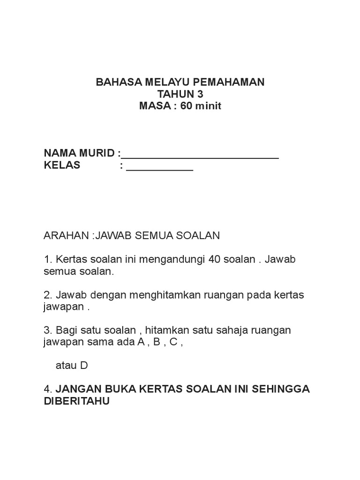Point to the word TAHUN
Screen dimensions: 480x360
point(173,94)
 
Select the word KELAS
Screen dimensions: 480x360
point(62,165)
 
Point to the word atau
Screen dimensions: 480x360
point(67,366)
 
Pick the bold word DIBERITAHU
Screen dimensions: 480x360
point(76,402)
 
